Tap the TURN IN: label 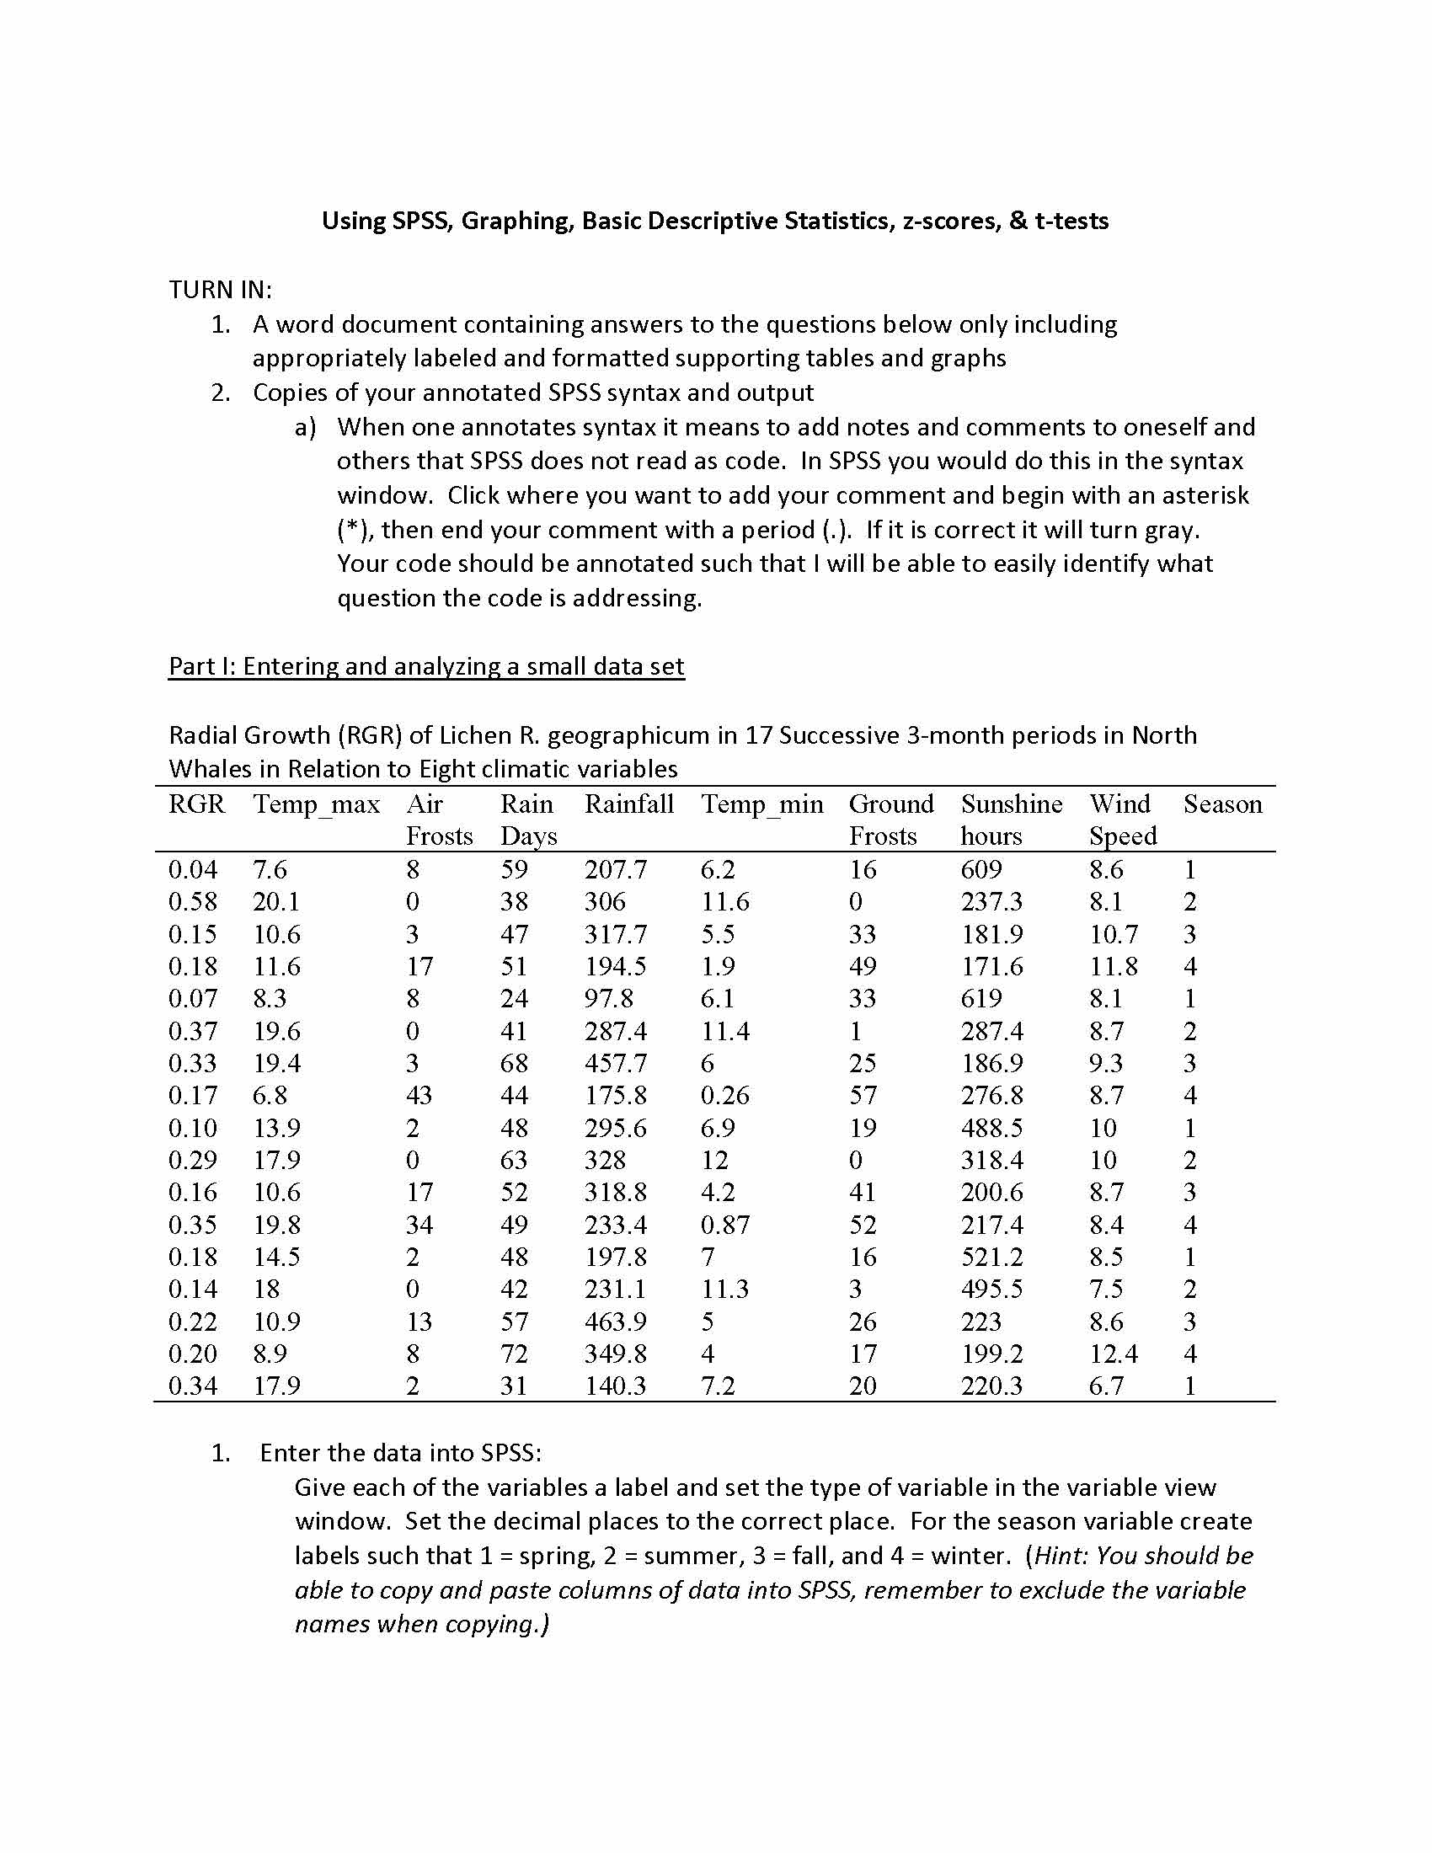pyautogui.click(x=221, y=291)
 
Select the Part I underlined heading pyautogui.click(x=426, y=666)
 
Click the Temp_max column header pyautogui.click(x=317, y=804)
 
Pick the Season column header pyautogui.click(x=1222, y=804)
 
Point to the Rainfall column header pyautogui.click(x=628, y=804)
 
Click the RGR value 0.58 pyautogui.click(x=193, y=902)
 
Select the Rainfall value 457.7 pyautogui.click(x=615, y=1064)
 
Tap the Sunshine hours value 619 pyautogui.click(x=980, y=999)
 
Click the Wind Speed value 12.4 pyautogui.click(x=1113, y=1354)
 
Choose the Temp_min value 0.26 pyautogui.click(x=724, y=1096)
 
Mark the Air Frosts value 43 pyautogui.click(x=419, y=1096)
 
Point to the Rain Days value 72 pyautogui.click(x=514, y=1354)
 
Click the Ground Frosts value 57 pyautogui.click(x=863, y=1096)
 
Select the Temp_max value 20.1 pyautogui.click(x=276, y=902)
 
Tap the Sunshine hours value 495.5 pyautogui.click(x=991, y=1290)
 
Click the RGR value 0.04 pyautogui.click(x=193, y=870)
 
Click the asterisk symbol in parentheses pyautogui.click(x=351, y=531)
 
